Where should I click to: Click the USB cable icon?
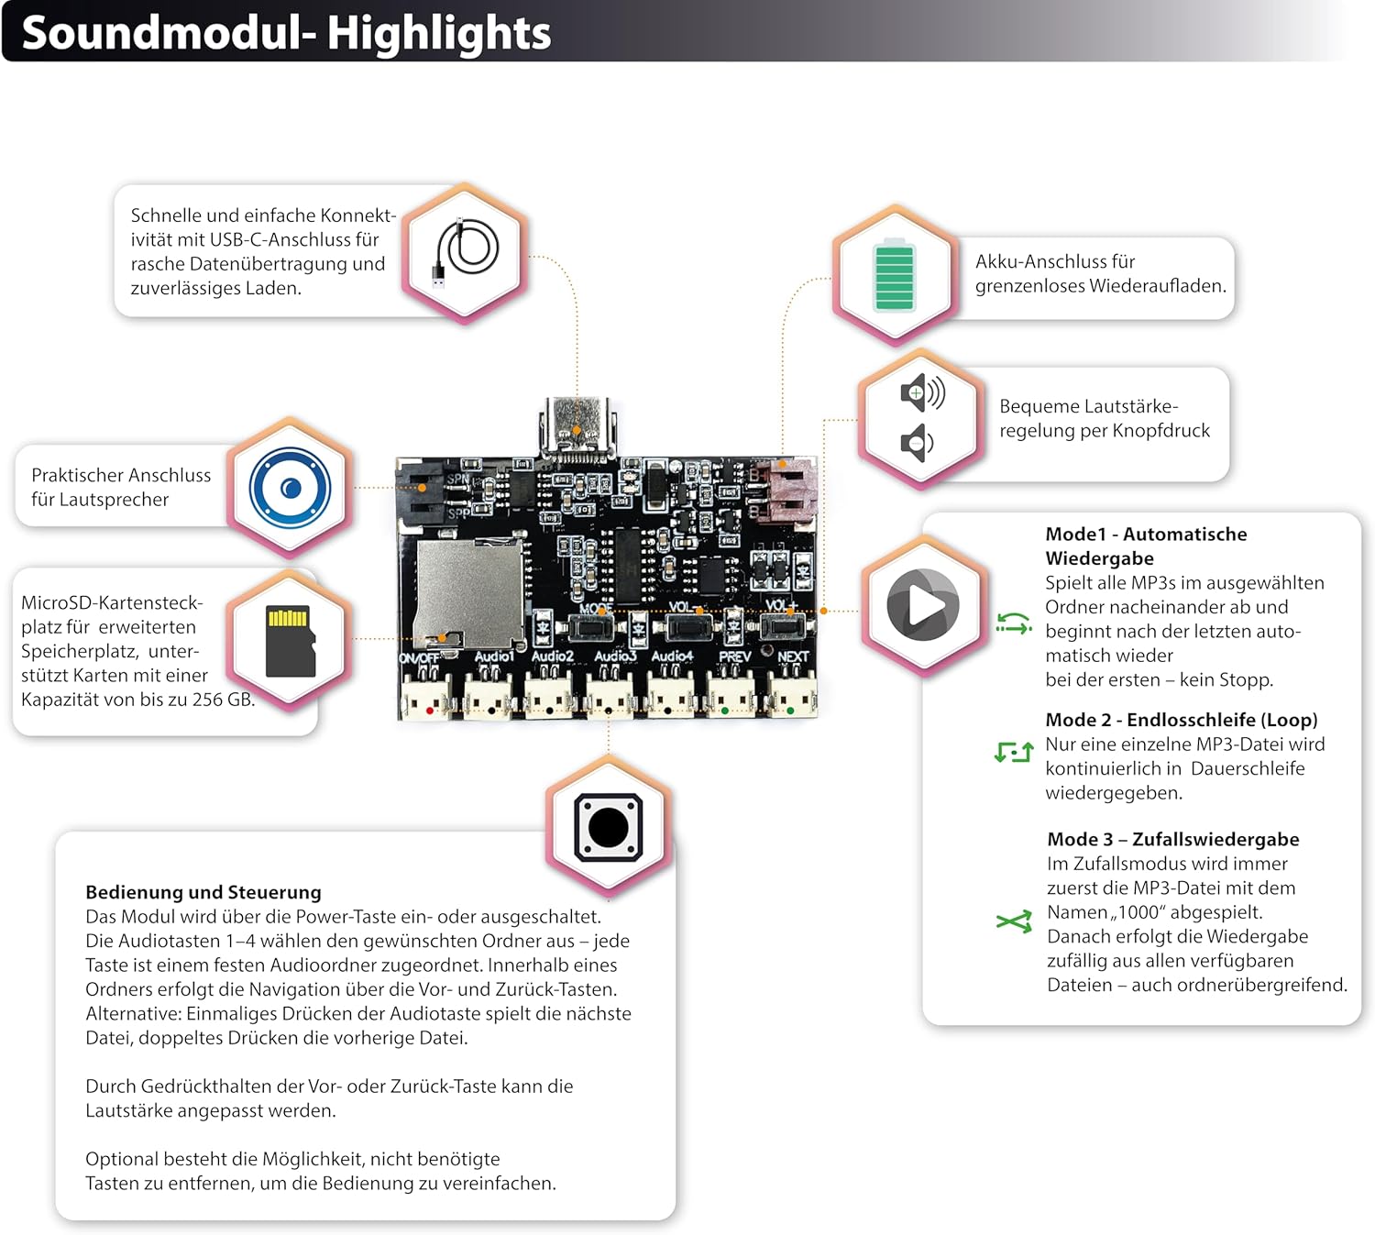coord(466,251)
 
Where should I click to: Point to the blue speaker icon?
coord(291,488)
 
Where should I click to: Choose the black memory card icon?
coord(291,641)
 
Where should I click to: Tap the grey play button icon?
coord(922,604)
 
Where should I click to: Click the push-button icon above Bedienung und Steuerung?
coord(608,827)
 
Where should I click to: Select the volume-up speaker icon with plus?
coord(922,392)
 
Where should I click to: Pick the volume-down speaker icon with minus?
coord(917,443)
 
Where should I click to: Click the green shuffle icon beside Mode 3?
coord(1014,921)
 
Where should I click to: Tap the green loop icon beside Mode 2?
coord(1014,752)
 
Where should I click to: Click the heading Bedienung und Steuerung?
coord(203,892)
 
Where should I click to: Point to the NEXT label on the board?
coord(793,656)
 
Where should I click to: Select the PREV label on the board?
coord(734,656)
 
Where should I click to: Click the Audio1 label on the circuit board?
coord(493,656)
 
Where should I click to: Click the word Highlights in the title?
coord(439,33)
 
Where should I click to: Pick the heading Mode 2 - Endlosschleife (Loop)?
coord(1181,720)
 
